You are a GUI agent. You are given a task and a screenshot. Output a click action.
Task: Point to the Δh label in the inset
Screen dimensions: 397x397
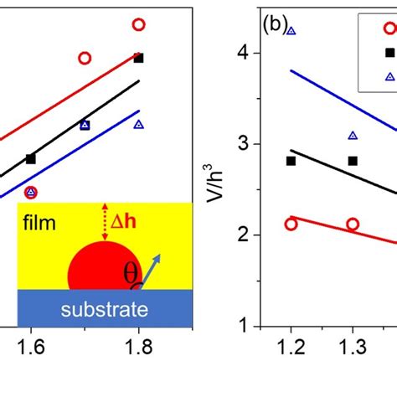click(x=131, y=223)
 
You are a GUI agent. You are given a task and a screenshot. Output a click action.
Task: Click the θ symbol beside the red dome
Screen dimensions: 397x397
click(x=131, y=273)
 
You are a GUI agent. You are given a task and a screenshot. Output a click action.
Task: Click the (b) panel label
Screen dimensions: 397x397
click(x=276, y=23)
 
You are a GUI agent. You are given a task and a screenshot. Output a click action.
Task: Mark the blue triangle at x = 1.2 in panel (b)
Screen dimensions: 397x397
click(x=291, y=30)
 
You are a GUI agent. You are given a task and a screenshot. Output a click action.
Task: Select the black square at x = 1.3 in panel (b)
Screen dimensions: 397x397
click(x=353, y=161)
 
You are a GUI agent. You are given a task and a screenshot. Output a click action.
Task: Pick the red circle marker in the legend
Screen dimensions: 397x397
click(x=390, y=28)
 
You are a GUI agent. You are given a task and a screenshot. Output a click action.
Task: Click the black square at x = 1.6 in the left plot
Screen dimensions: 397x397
click(x=31, y=158)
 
